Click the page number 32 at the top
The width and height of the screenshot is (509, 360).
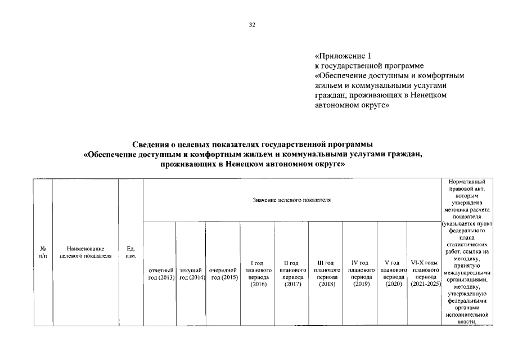pyautogui.click(x=252, y=25)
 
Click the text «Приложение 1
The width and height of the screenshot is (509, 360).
pyautogui.click(x=344, y=56)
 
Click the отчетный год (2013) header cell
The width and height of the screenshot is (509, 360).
pyautogui.click(x=160, y=274)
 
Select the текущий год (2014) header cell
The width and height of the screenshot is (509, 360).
pyautogui.click(x=191, y=274)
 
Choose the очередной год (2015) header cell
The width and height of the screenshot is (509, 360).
pyautogui.click(x=223, y=274)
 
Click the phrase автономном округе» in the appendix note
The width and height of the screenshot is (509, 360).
pyautogui.click(x=353, y=105)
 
